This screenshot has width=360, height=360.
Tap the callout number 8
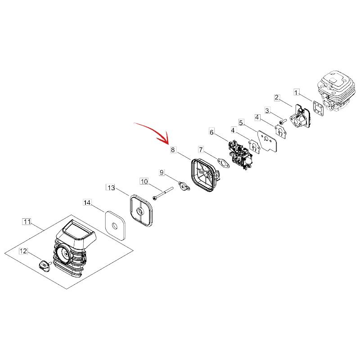pos(173,150)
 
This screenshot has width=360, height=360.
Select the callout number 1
pos(297,93)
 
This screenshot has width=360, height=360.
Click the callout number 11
pos(27,222)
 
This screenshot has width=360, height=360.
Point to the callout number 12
pos(23,251)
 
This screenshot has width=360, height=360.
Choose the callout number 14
pos(87,202)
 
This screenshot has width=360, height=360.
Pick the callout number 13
pos(111,188)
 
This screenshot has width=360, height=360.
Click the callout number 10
pos(144,181)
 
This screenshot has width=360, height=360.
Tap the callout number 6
pos(211,132)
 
